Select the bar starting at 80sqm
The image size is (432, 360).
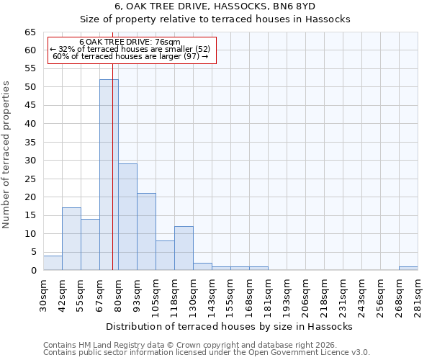127,217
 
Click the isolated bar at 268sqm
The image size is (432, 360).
408,269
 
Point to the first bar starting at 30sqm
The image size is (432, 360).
53,263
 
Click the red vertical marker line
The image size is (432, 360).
113,180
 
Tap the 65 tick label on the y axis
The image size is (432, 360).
30,32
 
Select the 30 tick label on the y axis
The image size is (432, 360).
30,161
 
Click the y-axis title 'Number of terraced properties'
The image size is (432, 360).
6,154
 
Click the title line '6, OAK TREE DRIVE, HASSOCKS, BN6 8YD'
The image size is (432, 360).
215,6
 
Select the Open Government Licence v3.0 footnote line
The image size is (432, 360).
206,353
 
